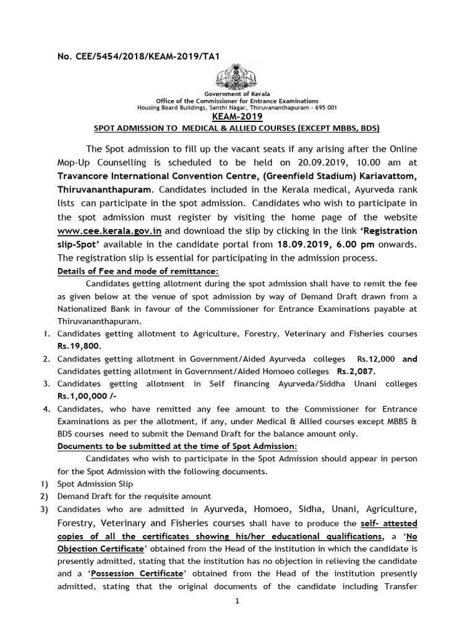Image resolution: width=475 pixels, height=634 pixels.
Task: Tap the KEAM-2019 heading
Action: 238,116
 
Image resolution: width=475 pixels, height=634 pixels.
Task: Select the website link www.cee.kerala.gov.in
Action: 109,231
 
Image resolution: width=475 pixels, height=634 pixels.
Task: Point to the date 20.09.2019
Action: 332,163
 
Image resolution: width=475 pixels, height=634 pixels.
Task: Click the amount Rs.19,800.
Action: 79,346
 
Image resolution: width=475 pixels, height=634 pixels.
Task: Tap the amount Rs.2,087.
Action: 356,371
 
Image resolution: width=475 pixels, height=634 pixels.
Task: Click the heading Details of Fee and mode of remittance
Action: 138,271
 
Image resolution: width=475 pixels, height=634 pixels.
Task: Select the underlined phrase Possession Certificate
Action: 137,573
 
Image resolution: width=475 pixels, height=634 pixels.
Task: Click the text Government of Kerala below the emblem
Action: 237,93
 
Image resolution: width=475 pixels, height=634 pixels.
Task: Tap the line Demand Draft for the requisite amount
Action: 134,496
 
